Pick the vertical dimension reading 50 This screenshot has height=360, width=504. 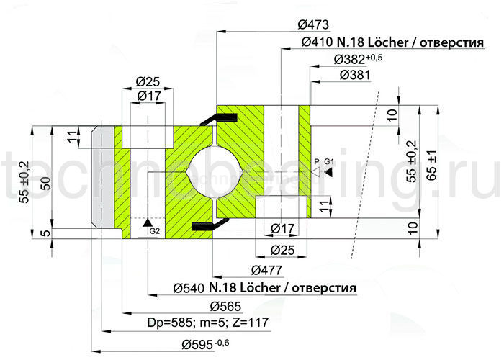tap(45, 184)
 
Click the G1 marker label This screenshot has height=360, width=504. tap(329, 161)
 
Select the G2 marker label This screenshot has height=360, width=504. tap(153, 230)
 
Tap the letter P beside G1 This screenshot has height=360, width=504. tap(316, 161)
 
